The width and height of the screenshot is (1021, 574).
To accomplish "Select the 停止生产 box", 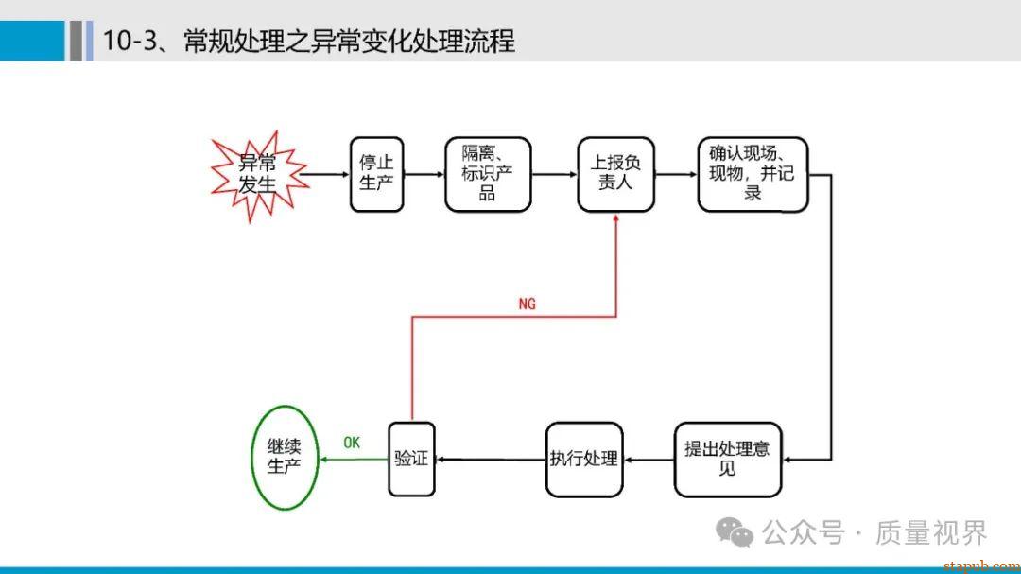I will (x=376, y=175).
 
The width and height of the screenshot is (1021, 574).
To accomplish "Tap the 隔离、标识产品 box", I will (x=488, y=175).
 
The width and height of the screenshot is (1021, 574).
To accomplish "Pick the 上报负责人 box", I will (x=615, y=175).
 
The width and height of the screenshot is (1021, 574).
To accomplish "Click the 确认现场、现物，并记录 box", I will (x=753, y=175).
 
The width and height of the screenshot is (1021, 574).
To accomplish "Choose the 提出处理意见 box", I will (x=727, y=459).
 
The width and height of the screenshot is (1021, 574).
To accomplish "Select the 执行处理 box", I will (x=584, y=459).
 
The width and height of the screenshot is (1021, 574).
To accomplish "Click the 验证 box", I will (x=411, y=459).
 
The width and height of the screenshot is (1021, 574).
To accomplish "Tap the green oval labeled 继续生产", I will (x=284, y=458).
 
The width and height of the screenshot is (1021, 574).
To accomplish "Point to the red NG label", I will (x=527, y=304).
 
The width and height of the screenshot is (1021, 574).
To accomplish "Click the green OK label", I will (x=352, y=443).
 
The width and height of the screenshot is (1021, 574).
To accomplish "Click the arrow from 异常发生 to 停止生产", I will (x=327, y=175).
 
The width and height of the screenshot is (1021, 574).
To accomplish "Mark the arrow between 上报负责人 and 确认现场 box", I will (x=676, y=175).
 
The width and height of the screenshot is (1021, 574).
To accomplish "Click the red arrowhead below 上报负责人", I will (x=616, y=218).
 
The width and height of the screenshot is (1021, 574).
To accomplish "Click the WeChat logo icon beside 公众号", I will (x=735, y=532).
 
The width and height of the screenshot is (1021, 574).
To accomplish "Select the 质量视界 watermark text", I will (x=930, y=532).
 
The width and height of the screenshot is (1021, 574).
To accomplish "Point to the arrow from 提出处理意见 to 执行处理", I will (x=649, y=460).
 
